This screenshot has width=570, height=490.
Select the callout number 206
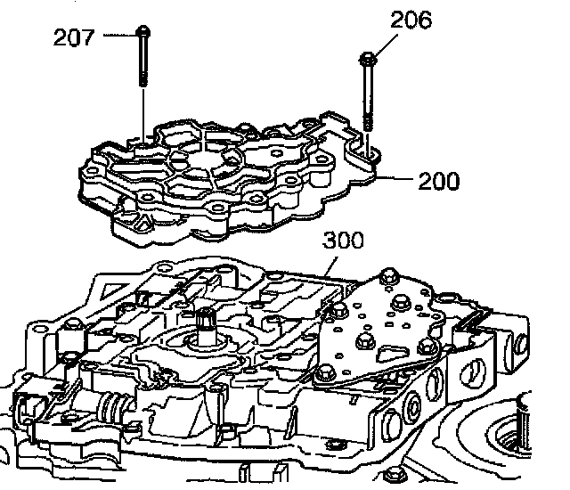point(412,20)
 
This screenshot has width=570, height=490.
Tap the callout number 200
point(437,182)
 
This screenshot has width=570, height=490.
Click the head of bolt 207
point(143,33)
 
